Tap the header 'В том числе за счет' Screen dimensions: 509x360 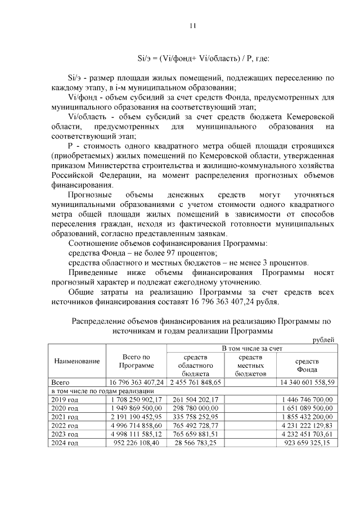251,349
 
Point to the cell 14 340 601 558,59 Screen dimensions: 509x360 307,382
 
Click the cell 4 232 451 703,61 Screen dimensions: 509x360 307,435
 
